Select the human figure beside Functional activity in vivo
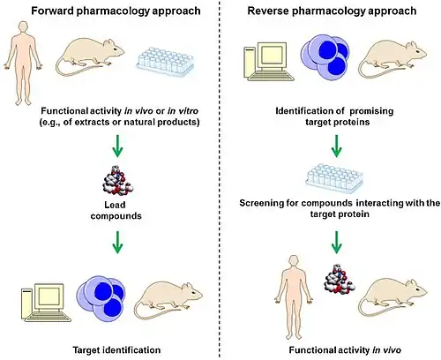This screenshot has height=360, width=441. [295, 297]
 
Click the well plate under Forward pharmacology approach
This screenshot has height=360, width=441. [166, 61]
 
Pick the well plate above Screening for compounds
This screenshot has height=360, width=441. [334, 178]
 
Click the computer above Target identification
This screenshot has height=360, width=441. [46, 303]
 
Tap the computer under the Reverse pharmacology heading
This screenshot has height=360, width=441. [269, 62]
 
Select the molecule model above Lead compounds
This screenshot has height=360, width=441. [117, 181]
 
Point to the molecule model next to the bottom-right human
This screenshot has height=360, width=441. [340, 278]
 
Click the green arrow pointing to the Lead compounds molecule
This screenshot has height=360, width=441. [117, 146]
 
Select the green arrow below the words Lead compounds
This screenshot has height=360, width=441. [117, 242]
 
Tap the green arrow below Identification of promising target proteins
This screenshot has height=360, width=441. [337, 146]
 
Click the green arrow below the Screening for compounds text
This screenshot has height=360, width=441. [337, 242]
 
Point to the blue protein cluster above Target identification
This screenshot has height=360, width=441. [101, 299]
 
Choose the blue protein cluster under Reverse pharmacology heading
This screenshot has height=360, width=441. [325, 57]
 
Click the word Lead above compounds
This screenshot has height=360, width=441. [115, 205]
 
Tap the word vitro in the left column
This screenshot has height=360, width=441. [187, 111]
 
